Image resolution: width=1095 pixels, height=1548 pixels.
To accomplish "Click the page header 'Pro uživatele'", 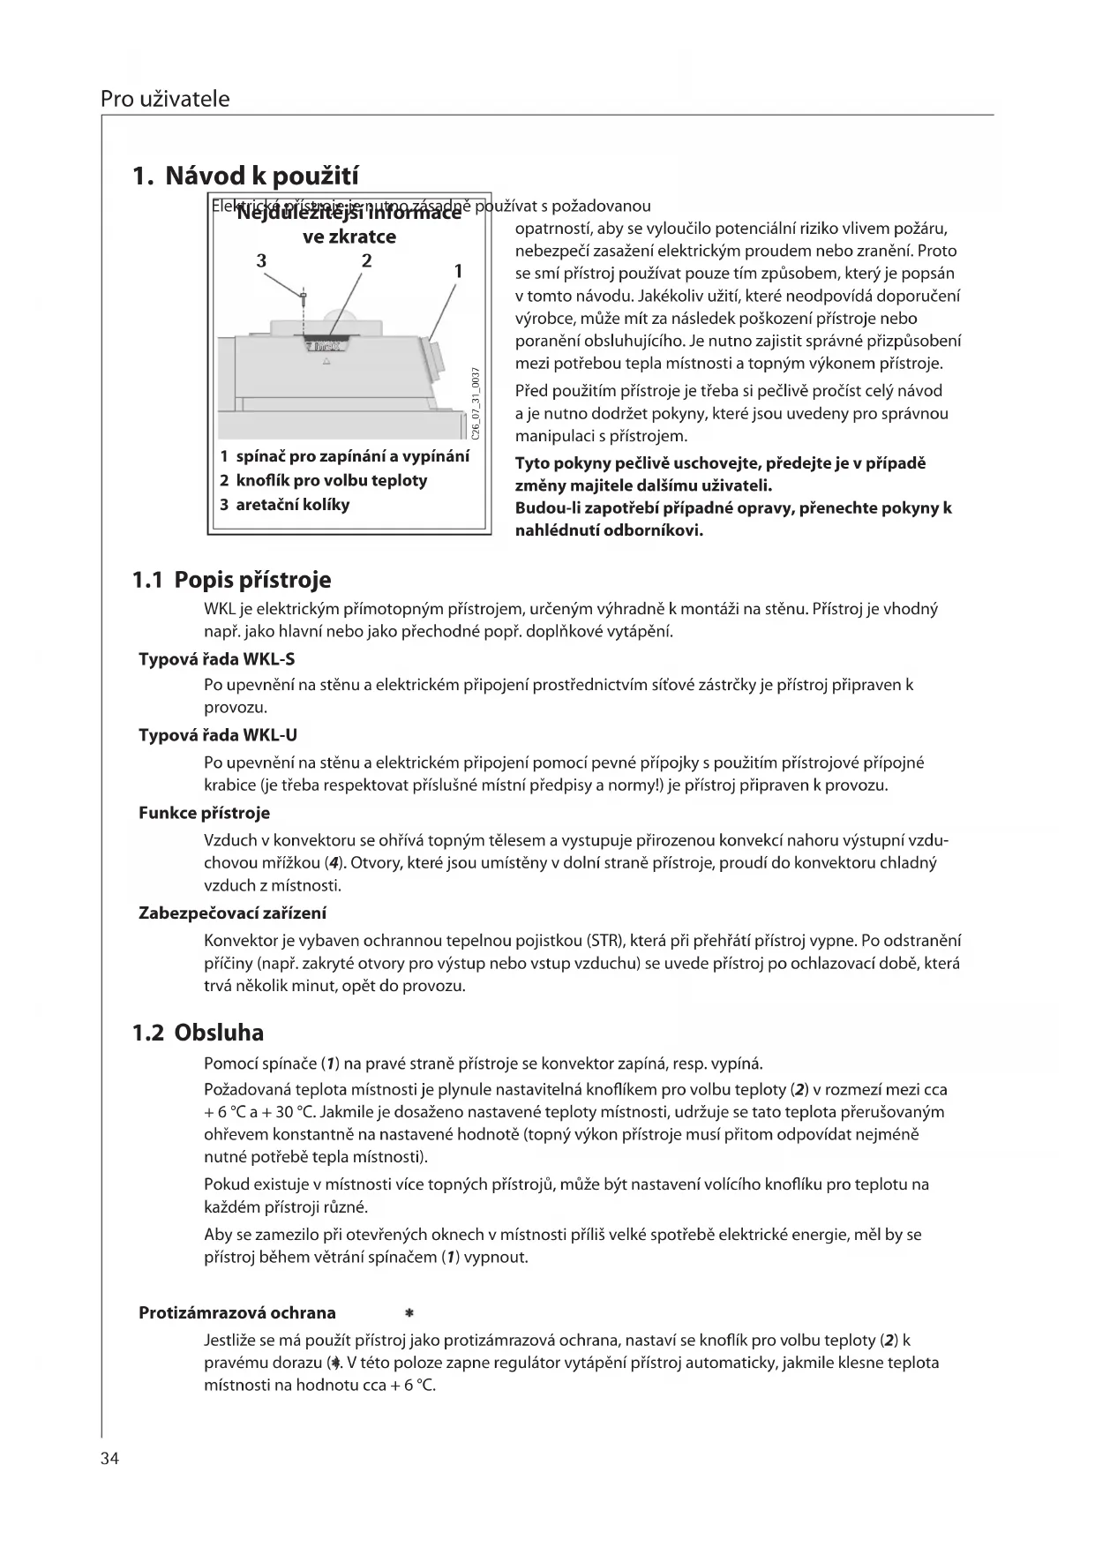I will [x=165, y=99].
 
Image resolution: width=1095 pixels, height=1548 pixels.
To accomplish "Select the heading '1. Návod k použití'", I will [x=245, y=176].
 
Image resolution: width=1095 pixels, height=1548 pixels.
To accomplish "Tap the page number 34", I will [x=109, y=1458].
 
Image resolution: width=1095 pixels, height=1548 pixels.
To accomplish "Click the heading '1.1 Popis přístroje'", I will [x=231, y=580].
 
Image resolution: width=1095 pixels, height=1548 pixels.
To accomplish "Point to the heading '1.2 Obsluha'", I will [x=198, y=1033].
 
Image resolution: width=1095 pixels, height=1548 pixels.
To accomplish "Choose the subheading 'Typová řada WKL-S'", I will [x=210, y=659].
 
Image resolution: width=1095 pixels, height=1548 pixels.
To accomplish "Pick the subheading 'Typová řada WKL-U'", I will [x=211, y=735].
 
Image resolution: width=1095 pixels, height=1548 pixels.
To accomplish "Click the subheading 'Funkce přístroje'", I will [x=204, y=813].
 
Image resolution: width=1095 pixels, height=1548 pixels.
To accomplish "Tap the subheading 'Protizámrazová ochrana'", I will [x=237, y=1312].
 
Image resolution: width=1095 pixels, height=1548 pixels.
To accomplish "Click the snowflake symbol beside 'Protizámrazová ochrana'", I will [x=409, y=1313].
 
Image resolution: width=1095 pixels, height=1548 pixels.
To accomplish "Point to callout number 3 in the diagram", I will [x=261, y=260].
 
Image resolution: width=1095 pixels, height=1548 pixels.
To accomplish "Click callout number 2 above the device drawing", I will [x=366, y=260].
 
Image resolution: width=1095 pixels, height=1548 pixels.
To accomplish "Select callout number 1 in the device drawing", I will [x=458, y=271].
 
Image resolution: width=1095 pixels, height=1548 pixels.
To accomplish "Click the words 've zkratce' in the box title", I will [x=349, y=237].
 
